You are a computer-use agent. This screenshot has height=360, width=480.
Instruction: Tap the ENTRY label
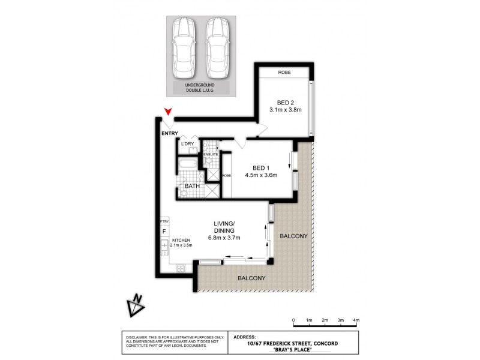pos(170,133)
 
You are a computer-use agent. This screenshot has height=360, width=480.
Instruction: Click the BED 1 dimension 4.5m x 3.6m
pos(261,176)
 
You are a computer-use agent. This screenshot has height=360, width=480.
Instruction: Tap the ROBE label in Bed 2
pos(284,73)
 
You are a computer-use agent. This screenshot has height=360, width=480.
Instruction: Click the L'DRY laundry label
pos(188,144)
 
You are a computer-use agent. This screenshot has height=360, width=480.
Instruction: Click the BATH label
pos(191,187)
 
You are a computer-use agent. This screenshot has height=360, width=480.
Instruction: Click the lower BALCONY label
pos(251,278)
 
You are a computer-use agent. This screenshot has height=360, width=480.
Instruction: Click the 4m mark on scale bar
pos(356,321)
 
